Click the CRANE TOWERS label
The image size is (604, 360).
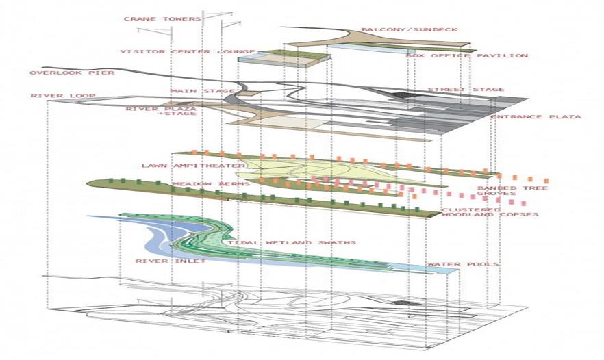162,19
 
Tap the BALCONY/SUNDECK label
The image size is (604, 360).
410,29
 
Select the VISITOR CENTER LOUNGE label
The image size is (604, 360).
188,51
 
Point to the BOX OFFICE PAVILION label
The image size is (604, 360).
467,56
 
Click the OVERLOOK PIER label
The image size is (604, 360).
72,73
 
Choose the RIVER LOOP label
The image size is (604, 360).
63,96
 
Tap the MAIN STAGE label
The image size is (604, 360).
203,91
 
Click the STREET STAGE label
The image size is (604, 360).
466,90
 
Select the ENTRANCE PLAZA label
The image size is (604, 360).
536,116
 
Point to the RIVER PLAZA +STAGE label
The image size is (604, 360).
162,111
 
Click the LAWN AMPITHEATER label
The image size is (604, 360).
194,166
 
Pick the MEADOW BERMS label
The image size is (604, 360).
211,183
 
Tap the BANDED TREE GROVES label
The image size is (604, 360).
513,190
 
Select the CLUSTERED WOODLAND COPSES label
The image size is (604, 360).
490,212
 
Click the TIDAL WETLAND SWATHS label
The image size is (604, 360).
292,242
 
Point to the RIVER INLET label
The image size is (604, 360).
171,261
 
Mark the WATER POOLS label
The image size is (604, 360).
463,264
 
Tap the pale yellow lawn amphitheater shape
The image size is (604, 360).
331,170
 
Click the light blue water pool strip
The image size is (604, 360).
424,268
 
